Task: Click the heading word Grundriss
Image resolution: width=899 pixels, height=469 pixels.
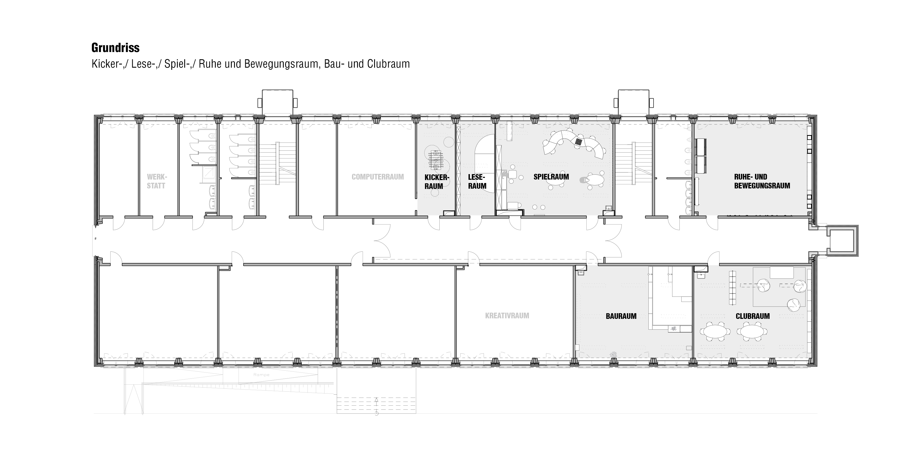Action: [115, 48]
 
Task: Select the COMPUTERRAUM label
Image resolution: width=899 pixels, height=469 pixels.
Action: [378, 177]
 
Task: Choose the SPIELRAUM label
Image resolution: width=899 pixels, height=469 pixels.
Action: [551, 177]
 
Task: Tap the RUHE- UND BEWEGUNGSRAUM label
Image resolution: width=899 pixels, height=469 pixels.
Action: [762, 181]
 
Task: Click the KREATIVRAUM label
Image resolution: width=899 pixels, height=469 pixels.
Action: [507, 316]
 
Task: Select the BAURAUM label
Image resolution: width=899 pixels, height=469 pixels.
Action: [621, 316]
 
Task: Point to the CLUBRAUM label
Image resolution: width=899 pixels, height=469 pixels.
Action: [753, 316]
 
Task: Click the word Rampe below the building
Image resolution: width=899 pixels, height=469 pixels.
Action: [261, 375]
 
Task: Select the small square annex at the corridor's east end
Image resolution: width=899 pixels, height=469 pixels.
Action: [842, 241]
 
